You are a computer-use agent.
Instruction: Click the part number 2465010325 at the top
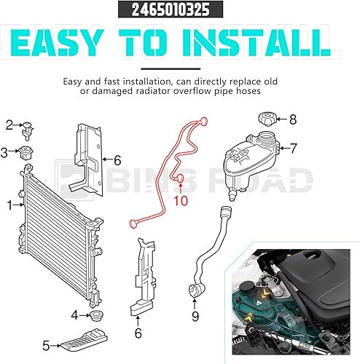[x=179, y=11]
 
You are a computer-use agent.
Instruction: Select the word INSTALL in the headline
[x=265, y=44]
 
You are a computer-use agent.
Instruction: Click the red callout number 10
[x=180, y=199]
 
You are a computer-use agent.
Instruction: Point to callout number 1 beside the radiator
[x=10, y=206]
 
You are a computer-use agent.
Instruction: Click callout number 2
[x=10, y=125]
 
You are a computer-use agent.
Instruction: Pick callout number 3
[x=4, y=152]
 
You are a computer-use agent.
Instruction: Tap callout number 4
[x=75, y=315]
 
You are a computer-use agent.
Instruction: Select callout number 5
[x=45, y=345]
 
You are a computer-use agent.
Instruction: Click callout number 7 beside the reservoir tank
[x=294, y=149]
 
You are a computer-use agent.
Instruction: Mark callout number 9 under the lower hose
[x=195, y=316]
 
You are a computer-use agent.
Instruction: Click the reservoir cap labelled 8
[x=266, y=119]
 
